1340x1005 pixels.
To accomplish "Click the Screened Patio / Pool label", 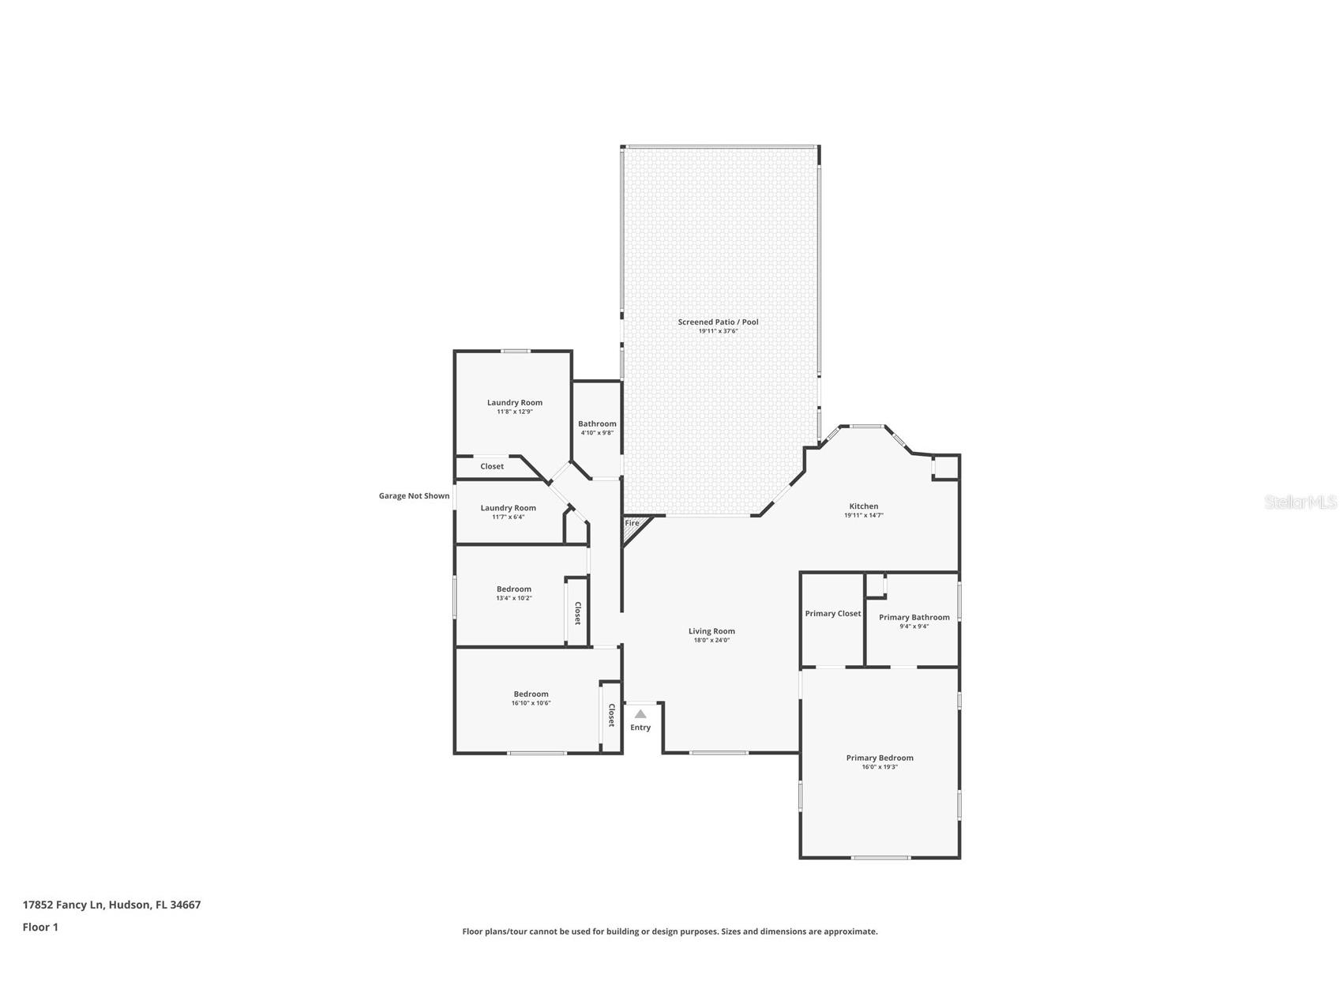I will (718, 322).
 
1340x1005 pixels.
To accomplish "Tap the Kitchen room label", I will (863, 506).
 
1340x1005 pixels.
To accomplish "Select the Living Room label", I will (711, 631).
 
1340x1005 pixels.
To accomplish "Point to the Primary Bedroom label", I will (880, 758).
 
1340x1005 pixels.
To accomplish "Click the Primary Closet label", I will (832, 614).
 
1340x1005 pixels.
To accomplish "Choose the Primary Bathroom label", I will (914, 618).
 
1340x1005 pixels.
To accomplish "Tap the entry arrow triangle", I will (640, 714).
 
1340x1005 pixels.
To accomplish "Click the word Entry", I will (640, 728).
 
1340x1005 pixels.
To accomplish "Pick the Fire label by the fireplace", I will (632, 523).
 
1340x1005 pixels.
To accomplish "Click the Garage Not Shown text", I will (414, 496).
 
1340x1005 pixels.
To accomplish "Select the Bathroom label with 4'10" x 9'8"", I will (597, 424).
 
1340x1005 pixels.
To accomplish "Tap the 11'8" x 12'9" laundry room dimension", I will (515, 412).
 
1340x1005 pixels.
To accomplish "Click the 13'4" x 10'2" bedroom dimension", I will (514, 598).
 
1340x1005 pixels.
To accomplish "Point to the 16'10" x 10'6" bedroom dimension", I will (531, 703).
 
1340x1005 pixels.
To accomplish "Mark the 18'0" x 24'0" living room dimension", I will (711, 640).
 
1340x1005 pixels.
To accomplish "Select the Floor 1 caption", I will (40, 927).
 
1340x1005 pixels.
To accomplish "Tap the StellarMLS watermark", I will (1300, 502).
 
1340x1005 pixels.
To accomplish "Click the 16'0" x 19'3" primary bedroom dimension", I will (880, 766).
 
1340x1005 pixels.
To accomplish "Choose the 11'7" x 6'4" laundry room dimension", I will (508, 517).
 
